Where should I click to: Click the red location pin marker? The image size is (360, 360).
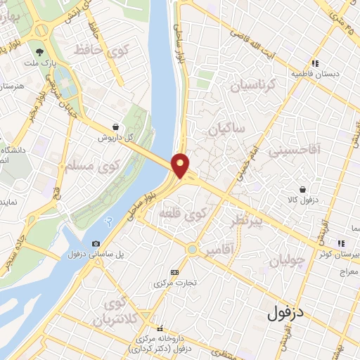[181, 165]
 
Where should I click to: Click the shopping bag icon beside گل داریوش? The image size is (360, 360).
[114, 127]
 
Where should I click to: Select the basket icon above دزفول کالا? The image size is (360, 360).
[302, 189]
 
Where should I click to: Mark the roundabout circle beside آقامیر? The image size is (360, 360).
[191, 249]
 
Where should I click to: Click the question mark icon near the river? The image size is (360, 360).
[108, 221]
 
